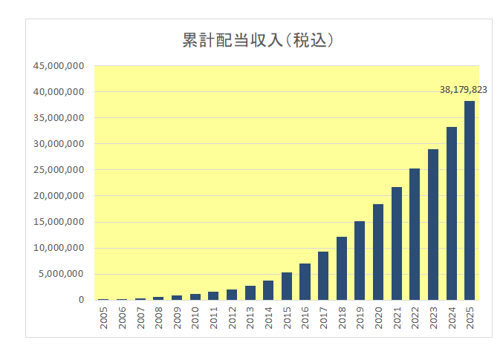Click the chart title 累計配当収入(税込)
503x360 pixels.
click(x=257, y=41)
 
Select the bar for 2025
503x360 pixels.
click(x=470, y=200)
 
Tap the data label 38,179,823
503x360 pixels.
click(x=463, y=89)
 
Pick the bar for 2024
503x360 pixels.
click(x=452, y=214)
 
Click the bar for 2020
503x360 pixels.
click(x=378, y=252)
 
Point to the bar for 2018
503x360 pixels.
click(x=342, y=269)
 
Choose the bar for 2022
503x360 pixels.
click(x=415, y=235)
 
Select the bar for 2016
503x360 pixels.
click(x=305, y=282)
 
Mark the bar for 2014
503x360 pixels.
click(x=268, y=290)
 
